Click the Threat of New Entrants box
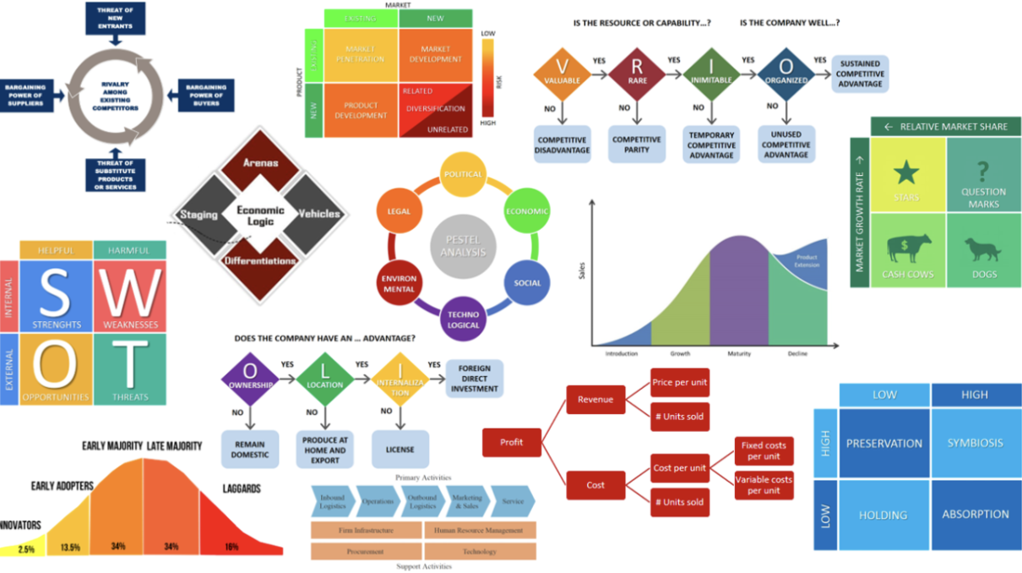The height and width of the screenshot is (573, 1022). [116, 19]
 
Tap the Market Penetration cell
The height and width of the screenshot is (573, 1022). [361, 53]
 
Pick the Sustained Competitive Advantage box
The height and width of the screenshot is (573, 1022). [860, 74]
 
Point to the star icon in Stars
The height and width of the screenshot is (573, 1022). [906, 172]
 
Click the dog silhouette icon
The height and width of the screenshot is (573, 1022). [982, 248]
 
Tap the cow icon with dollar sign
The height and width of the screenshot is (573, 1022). [908, 248]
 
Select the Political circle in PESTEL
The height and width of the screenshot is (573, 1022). [463, 174]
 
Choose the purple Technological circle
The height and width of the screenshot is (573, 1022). [463, 319]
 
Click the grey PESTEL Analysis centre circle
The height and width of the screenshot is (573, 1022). [463, 246]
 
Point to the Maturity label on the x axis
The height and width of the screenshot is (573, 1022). [740, 353]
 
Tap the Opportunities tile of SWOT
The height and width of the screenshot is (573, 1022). [56, 369]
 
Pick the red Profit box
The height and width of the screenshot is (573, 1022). [512, 442]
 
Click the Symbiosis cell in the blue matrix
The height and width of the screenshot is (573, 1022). [975, 443]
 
